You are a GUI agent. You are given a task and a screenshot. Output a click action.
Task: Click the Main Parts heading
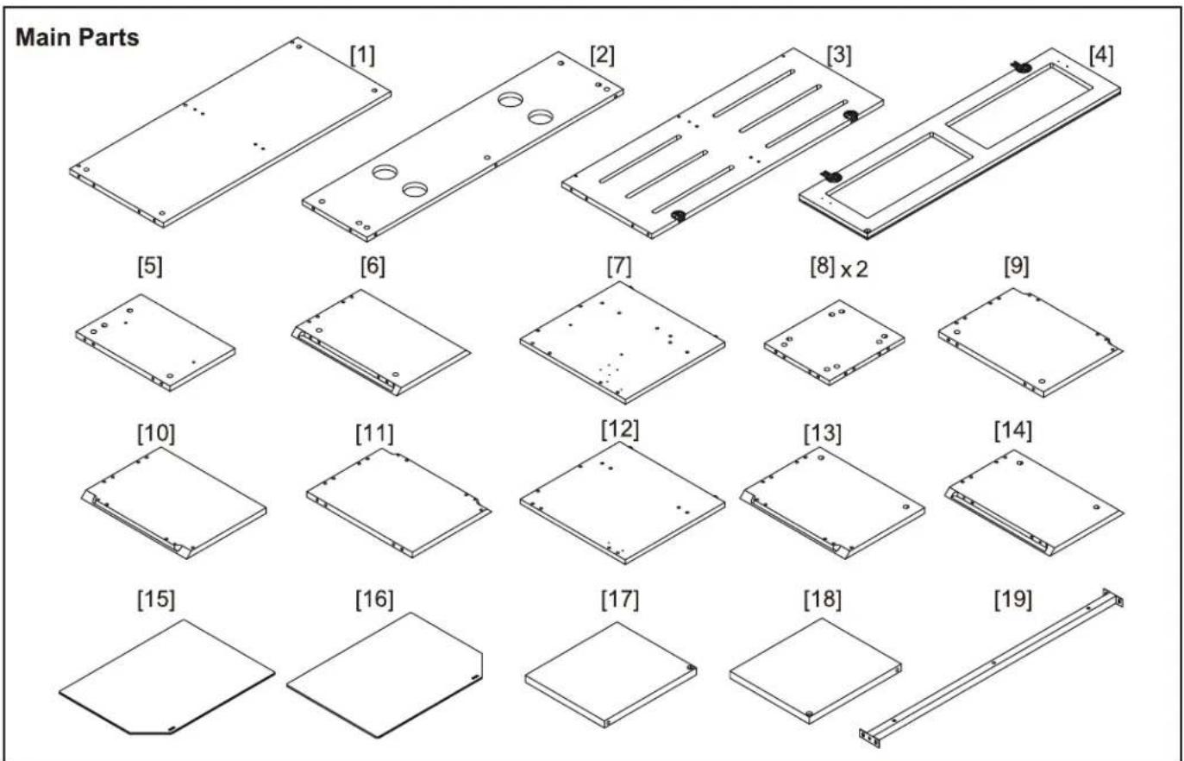pyautogui.click(x=77, y=38)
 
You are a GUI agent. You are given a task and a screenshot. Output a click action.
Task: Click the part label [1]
pyautogui.click(x=362, y=55)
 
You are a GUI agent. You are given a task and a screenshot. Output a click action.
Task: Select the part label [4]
pyautogui.click(x=1101, y=55)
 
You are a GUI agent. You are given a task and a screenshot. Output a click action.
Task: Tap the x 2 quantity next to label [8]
pyautogui.click(x=855, y=270)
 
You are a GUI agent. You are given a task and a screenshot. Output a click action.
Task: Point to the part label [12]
pyautogui.click(x=619, y=430)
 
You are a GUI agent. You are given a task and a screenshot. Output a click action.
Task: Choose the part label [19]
pyautogui.click(x=1012, y=599)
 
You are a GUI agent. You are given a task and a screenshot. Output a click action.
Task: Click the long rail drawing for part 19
pyautogui.click(x=992, y=668)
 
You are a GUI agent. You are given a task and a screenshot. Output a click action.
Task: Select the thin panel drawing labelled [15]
pyautogui.click(x=166, y=676)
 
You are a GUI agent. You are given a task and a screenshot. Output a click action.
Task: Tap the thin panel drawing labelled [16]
pyautogui.click(x=385, y=675)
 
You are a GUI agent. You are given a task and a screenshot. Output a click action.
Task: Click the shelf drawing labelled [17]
pyautogui.click(x=611, y=675)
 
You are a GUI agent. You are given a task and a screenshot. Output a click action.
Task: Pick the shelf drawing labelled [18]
pyautogui.click(x=815, y=670)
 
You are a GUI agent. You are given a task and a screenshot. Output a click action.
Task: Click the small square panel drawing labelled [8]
pyautogui.click(x=834, y=343)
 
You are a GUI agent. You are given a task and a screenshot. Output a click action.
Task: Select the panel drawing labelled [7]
pyautogui.click(x=622, y=343)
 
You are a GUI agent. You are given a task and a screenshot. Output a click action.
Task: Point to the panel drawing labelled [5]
pyautogui.click(x=155, y=343)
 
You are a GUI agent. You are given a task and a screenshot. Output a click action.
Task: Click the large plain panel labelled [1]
pyautogui.click(x=230, y=132)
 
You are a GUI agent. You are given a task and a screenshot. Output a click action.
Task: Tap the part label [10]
pyautogui.click(x=156, y=433)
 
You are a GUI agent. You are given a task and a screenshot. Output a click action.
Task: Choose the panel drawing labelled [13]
pyautogui.click(x=832, y=503)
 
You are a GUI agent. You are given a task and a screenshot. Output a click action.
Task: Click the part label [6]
pyautogui.click(x=373, y=266)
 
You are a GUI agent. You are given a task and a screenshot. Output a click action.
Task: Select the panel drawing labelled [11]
pyautogui.click(x=399, y=503)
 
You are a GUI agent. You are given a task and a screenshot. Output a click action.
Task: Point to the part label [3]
pyautogui.click(x=839, y=55)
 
